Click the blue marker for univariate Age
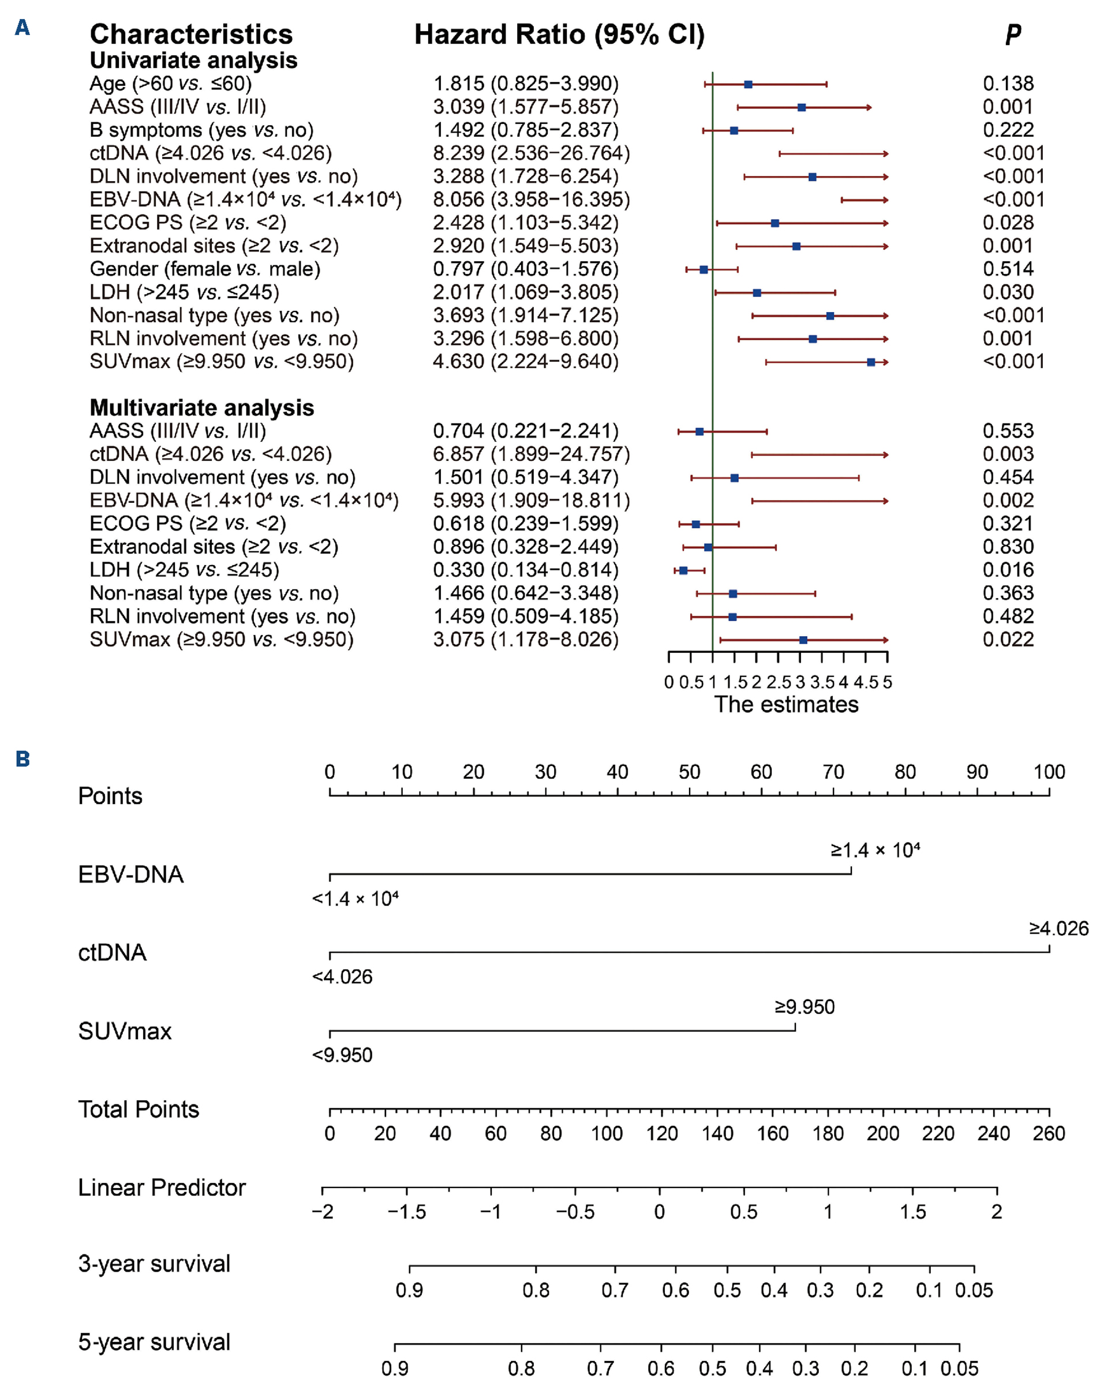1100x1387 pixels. point(748,84)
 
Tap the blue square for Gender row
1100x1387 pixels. point(704,269)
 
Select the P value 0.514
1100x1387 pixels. point(1008,269)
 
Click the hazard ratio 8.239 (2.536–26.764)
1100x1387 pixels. point(531,153)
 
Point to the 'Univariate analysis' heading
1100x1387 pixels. point(193,61)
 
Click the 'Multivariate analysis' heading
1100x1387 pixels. point(201,408)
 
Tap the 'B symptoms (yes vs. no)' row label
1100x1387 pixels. point(201,130)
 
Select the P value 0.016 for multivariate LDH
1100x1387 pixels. point(1008,570)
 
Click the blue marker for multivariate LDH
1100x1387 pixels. point(683,570)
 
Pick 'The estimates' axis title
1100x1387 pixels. point(786,704)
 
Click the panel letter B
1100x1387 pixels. point(23,759)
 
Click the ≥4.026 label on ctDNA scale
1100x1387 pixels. point(1059,929)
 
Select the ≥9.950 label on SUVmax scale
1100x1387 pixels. point(805,1007)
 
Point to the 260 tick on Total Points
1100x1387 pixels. point(1049,1133)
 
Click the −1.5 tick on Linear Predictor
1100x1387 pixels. point(407,1212)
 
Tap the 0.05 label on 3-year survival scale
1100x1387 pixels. point(974,1290)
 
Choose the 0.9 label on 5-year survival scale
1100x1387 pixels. point(395,1369)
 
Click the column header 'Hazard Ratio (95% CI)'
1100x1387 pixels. point(559,35)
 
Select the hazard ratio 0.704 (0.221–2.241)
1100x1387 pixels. point(525,431)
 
